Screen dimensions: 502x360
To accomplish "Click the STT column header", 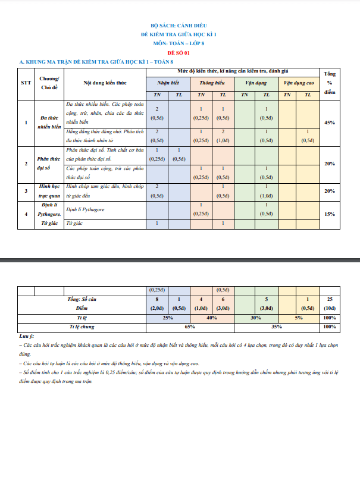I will click(x=26, y=83).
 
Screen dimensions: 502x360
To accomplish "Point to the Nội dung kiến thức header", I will click(x=105, y=83).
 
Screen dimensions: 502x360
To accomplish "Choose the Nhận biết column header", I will click(x=168, y=83).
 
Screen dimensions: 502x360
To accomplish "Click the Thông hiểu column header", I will click(x=212, y=83).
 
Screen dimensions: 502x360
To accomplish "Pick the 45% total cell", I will click(x=329, y=123).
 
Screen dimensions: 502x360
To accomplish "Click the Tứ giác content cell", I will click(x=73, y=223).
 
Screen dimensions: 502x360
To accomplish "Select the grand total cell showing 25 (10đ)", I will click(x=329, y=304).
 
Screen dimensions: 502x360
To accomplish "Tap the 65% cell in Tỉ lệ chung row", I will click(x=190, y=327).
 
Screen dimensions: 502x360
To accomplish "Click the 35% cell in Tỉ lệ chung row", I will click(x=277, y=327).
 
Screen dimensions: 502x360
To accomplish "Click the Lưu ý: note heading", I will click(x=27, y=337).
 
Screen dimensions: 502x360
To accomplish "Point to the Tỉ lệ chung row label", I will click(x=82, y=327).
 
